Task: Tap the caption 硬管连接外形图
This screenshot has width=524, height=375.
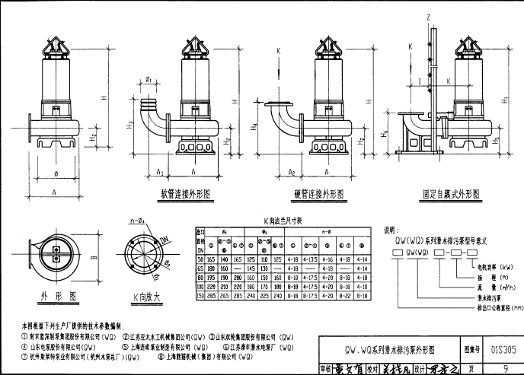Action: click(x=319, y=194)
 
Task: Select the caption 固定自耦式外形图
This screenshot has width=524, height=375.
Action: click(x=451, y=194)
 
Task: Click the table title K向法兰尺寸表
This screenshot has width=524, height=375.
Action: click(x=283, y=220)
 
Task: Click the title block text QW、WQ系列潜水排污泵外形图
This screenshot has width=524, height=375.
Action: click(x=391, y=349)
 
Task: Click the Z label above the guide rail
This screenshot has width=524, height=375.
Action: click(x=430, y=16)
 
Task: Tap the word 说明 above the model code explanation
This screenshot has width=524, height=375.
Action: click(x=389, y=227)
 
